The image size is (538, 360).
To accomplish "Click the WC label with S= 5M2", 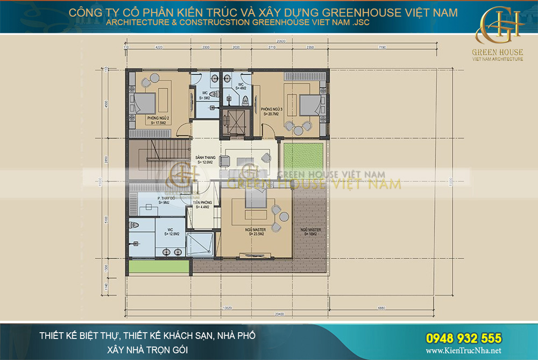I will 205,95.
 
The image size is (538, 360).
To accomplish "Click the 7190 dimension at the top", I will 383,48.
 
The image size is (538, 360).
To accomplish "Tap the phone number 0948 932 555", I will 464,338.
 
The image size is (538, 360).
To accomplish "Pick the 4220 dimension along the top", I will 159,48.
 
